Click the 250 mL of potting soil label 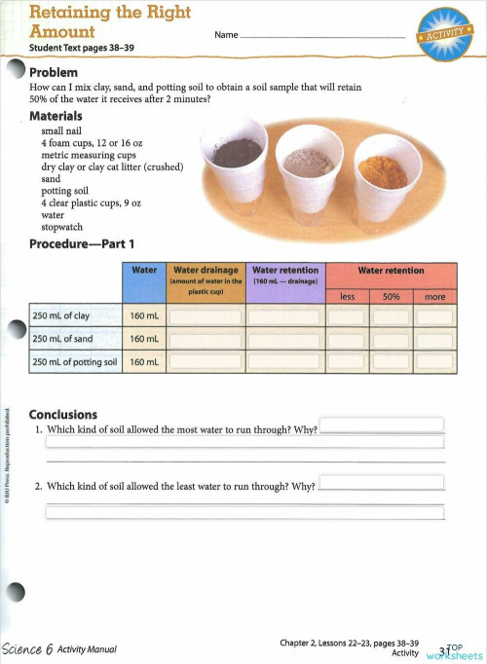(x=75, y=362)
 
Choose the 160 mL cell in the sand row (x=144, y=339)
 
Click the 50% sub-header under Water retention (x=392, y=295)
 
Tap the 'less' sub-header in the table (x=347, y=295)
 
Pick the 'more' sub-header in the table (x=434, y=295)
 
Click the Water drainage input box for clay (x=206, y=315)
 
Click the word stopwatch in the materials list (x=63, y=229)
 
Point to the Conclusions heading (x=63, y=414)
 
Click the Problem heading (x=60, y=73)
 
